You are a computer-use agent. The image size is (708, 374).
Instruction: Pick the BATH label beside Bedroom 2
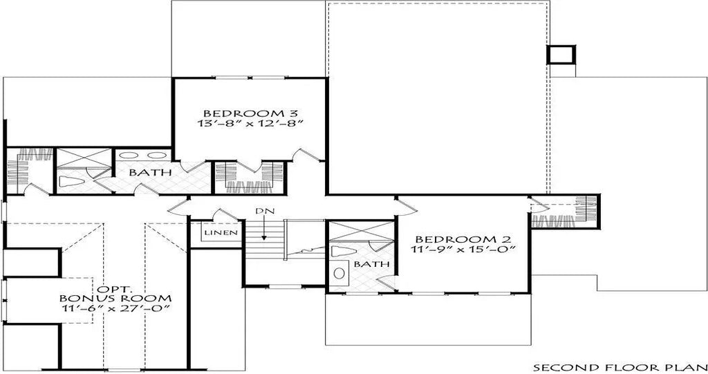coord(366,265)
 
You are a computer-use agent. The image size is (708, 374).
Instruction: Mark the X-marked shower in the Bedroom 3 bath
coord(82,159)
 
